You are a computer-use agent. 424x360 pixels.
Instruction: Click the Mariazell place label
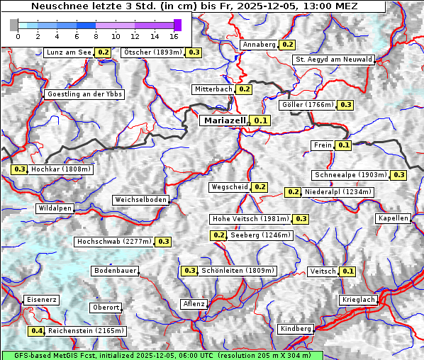(224, 120)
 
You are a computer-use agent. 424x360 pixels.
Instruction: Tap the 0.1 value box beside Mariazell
(261, 120)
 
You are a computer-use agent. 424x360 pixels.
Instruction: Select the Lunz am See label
(68, 52)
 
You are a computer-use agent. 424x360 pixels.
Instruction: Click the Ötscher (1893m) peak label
(152, 52)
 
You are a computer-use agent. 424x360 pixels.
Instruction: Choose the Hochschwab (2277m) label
(114, 242)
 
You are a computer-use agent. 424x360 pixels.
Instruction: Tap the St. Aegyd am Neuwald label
(333, 60)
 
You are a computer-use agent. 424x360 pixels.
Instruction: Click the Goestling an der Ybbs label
(84, 94)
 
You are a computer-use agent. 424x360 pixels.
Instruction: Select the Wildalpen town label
(55, 208)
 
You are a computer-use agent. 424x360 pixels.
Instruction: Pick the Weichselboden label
(141, 200)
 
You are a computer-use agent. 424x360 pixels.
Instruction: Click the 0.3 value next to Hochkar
(19, 169)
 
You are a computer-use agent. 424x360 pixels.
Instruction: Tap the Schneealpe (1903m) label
(351, 175)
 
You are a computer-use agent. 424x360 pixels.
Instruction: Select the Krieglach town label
(357, 300)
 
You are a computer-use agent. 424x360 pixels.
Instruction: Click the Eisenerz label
(40, 300)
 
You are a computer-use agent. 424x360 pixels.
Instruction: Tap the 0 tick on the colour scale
(18, 35)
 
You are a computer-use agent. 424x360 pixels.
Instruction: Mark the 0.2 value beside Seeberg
(219, 235)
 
